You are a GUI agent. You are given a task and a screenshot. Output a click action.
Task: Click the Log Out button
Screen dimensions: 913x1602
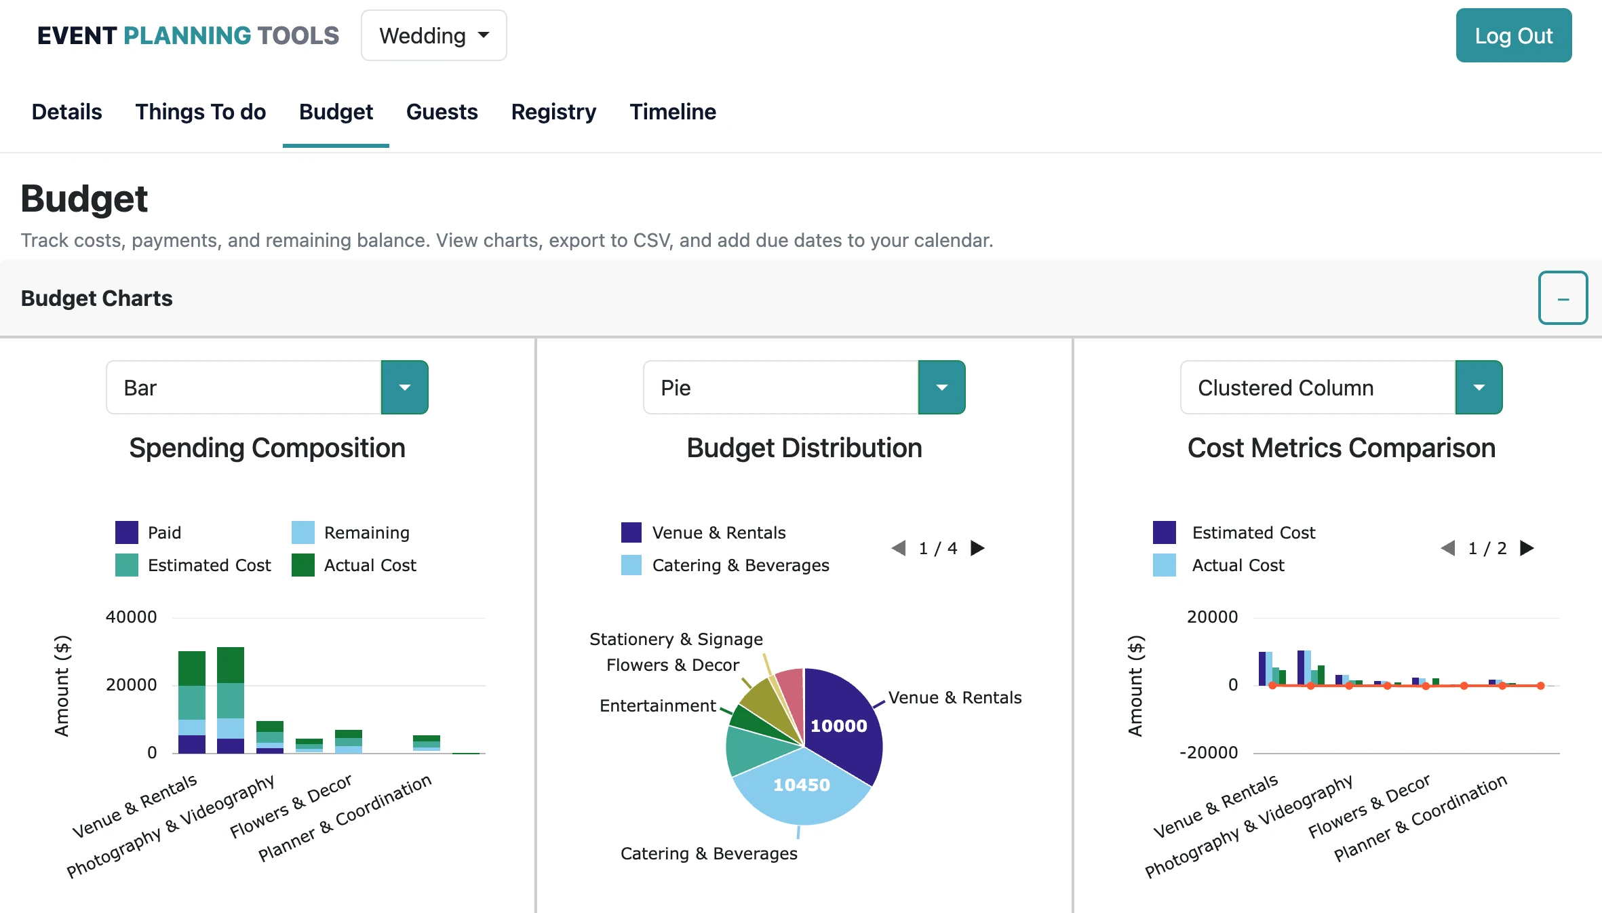click(1513, 36)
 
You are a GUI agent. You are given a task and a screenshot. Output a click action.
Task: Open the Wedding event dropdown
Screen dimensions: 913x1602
click(433, 36)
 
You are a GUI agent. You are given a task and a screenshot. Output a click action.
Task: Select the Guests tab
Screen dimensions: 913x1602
click(442, 112)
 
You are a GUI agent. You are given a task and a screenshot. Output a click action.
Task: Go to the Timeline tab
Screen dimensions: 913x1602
click(672, 112)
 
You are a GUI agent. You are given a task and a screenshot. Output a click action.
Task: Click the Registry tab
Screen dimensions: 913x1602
click(553, 112)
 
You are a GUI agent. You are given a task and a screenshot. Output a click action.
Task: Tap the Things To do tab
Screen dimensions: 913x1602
click(200, 112)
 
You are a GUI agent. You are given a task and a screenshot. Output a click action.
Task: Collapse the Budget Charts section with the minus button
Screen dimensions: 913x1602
click(1563, 298)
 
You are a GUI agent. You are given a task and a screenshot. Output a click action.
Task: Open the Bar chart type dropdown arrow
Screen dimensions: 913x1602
click(404, 387)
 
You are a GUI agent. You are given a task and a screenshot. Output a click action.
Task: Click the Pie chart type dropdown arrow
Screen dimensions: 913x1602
click(941, 387)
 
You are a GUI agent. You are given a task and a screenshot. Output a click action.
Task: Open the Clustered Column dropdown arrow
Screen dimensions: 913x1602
click(1479, 387)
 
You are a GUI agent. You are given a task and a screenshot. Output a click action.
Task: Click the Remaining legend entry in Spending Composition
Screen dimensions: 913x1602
click(351, 532)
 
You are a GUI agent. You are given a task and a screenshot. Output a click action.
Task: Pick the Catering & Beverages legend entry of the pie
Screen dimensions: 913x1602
click(725, 565)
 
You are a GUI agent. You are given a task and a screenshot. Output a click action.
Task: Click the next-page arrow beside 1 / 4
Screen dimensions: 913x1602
click(977, 548)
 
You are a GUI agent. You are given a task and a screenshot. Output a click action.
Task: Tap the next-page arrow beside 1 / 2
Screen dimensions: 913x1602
click(1527, 548)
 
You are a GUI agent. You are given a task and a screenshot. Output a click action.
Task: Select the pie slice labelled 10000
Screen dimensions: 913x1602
click(839, 726)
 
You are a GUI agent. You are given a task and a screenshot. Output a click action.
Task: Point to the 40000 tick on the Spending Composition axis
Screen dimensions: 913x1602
click(131, 617)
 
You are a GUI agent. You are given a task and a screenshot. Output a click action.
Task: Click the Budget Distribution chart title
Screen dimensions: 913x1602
click(804, 448)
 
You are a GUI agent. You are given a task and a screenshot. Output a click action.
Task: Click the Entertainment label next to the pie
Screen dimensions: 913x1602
click(657, 706)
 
